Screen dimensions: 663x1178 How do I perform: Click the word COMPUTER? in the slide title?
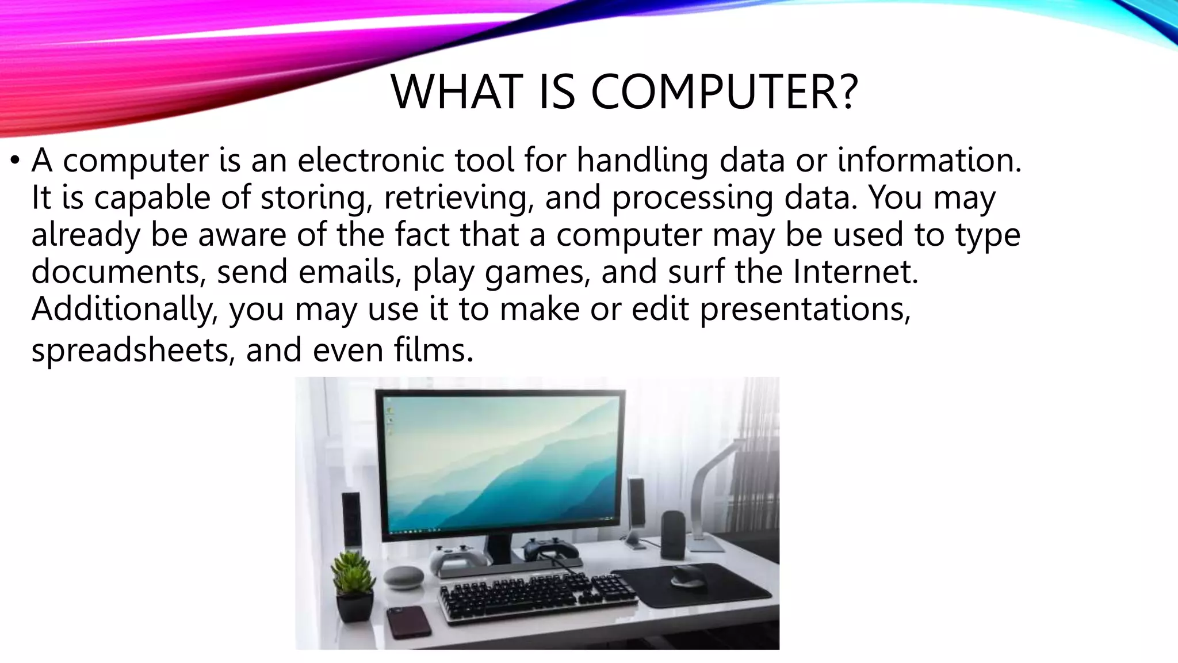point(724,92)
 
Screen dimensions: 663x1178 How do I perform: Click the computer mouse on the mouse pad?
point(688,575)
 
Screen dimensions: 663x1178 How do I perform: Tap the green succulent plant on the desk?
point(352,576)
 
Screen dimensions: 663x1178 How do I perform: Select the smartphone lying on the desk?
point(408,622)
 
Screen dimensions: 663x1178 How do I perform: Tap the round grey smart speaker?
point(403,577)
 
